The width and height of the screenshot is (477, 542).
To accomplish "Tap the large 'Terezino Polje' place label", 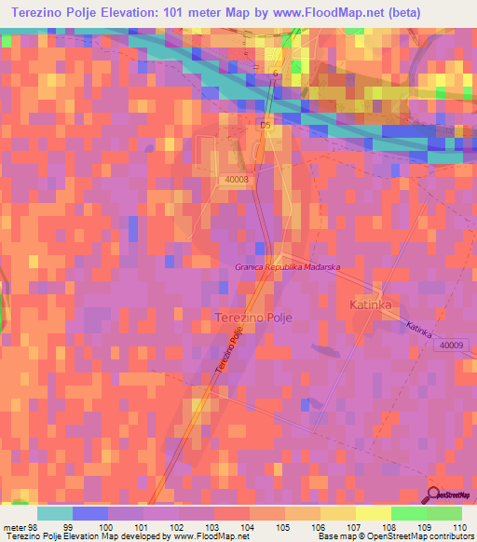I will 253,318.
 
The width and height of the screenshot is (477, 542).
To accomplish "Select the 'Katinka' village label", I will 376,305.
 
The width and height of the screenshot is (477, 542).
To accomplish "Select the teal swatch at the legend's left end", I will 55,512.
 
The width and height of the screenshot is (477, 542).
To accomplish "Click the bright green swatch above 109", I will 409,512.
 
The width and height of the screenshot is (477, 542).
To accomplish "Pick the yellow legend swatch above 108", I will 374,512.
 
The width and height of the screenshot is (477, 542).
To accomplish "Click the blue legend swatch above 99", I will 90,512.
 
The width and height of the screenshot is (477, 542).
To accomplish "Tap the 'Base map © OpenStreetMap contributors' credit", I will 394,536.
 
